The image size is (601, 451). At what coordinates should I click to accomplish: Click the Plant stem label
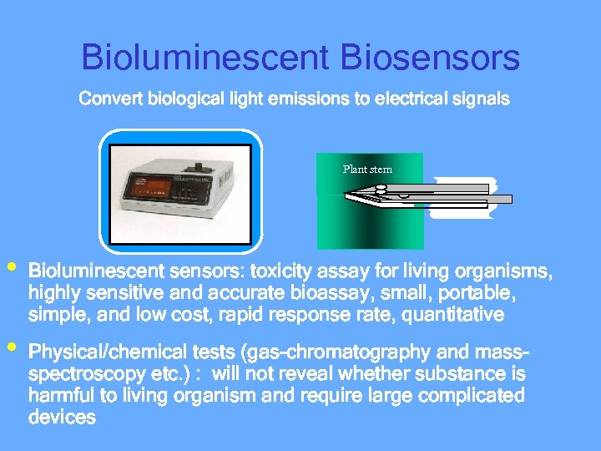(367, 170)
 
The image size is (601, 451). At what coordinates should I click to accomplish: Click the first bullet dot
(11, 268)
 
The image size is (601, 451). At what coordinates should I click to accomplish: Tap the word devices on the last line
(62, 417)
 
